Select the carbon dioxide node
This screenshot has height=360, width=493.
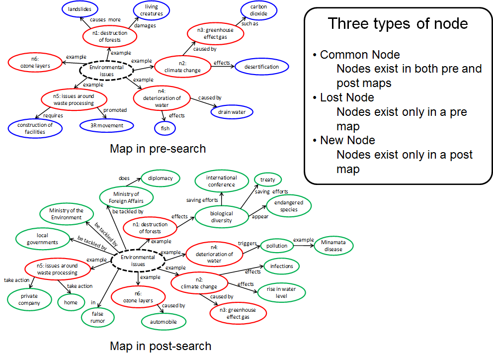click(x=258, y=10)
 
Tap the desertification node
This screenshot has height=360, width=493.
click(x=262, y=67)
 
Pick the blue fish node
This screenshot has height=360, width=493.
click(x=165, y=128)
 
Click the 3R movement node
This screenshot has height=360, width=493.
click(x=107, y=126)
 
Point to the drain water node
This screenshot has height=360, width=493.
click(x=232, y=112)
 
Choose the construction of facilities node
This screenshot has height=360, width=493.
click(x=35, y=128)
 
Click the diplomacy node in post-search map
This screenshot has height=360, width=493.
click(x=160, y=178)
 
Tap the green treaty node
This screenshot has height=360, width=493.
click(x=268, y=180)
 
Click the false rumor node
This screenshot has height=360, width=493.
click(x=98, y=317)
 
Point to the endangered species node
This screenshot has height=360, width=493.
click(x=288, y=206)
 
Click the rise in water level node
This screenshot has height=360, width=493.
click(x=281, y=293)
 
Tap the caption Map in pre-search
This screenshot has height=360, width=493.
click(x=158, y=148)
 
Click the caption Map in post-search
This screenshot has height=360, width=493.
click(x=160, y=346)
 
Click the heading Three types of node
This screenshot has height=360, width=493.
click(x=398, y=23)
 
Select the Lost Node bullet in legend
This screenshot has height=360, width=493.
click(x=347, y=97)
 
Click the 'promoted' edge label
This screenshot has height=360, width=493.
click(x=115, y=110)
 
